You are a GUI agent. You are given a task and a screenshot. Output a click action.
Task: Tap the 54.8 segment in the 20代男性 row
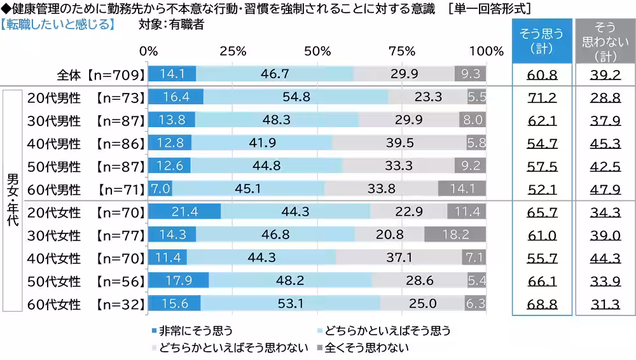pyautogui.click(x=296, y=97)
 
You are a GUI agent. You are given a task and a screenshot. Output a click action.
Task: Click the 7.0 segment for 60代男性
pyautogui.click(x=160, y=189)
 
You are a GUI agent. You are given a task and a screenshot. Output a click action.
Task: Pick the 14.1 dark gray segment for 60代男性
pyautogui.click(x=462, y=189)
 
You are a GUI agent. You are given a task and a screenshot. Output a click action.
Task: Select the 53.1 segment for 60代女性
pyautogui.click(x=290, y=304)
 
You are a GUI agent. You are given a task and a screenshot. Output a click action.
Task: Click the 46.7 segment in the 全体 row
pyautogui.click(x=275, y=74)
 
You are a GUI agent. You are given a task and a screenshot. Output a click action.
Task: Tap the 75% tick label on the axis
pyautogui.click(x=401, y=52)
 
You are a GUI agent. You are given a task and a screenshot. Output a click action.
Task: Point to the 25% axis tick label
pyautogui.click(x=232, y=52)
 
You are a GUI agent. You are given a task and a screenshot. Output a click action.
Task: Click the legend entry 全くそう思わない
pyautogui.click(x=366, y=348)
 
